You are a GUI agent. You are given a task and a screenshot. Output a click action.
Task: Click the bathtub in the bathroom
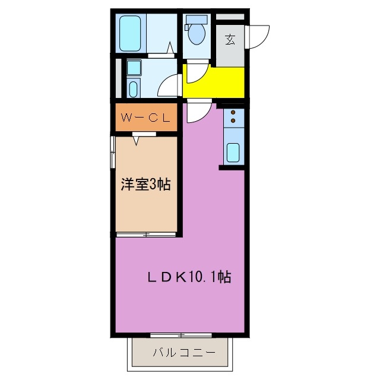pyautogui.click(x=129, y=34)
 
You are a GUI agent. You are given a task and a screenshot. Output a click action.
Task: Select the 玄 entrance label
pyautogui.click(x=230, y=40)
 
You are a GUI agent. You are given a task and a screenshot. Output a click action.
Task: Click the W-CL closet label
pyautogui.click(x=145, y=118)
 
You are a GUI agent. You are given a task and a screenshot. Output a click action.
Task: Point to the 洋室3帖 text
pyautogui.click(x=146, y=185)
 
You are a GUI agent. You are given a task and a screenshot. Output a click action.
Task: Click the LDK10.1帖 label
pyautogui.click(x=189, y=276)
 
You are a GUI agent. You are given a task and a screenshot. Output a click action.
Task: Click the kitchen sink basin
pyautogui.click(x=233, y=153)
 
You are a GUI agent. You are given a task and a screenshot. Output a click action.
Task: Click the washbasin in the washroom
pyautogui.click(x=133, y=88)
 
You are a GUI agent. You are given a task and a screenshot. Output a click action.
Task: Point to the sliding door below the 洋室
pyautogui.click(x=145, y=235)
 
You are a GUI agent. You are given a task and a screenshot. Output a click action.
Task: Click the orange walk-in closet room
pyautogui.click(x=145, y=118)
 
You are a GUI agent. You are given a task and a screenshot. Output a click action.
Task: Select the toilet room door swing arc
pyautogui.click(x=195, y=73)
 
